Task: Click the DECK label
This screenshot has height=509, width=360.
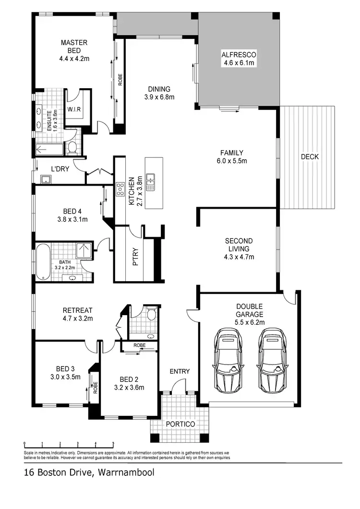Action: pos(310,157)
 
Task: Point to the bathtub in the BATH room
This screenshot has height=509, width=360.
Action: pos(43,262)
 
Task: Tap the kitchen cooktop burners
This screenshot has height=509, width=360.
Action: pos(120,190)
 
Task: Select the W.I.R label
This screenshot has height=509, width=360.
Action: pos(74,109)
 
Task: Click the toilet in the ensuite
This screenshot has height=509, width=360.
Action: pos(72,147)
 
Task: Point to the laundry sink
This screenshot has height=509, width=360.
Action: pos(46,179)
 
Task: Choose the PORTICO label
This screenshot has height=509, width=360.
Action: pos(180,424)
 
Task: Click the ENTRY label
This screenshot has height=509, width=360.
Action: pos(180,371)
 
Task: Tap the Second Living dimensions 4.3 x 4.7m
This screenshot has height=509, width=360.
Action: pos(239,257)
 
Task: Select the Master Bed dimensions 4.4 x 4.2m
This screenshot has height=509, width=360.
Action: pos(73,59)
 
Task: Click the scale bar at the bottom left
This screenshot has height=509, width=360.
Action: pos(69,444)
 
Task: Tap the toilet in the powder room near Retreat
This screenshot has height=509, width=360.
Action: pos(151,315)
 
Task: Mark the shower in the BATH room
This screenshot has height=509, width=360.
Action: pos(84,251)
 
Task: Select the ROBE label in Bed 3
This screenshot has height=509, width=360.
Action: pos(95,387)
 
